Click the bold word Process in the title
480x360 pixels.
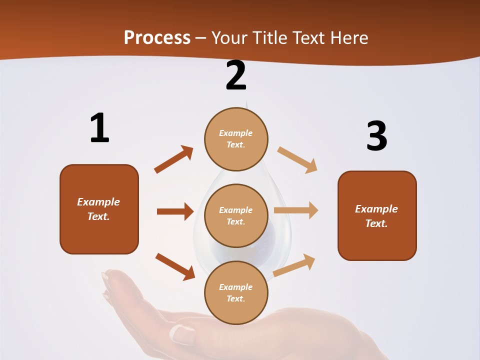pyautogui.click(x=157, y=37)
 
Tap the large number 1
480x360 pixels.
pyautogui.click(x=99, y=128)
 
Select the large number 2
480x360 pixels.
pyautogui.click(x=236, y=75)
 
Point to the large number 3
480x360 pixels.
pyautogui.click(x=376, y=136)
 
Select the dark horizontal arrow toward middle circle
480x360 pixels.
pyautogui.click(x=175, y=211)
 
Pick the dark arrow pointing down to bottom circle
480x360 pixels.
pyautogui.click(x=175, y=266)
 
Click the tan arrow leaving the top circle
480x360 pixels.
pyautogui.click(x=297, y=159)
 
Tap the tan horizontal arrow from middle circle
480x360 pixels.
pyautogui.click(x=296, y=210)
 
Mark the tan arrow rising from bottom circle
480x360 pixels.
pyautogui.click(x=294, y=265)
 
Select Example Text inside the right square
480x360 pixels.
pyautogui.click(x=376, y=216)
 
